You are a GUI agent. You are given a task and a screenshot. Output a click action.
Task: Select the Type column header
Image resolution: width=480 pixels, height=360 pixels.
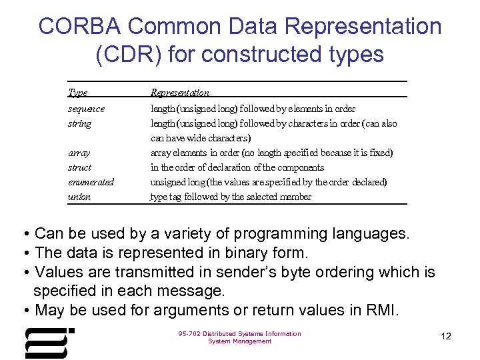click(x=78, y=93)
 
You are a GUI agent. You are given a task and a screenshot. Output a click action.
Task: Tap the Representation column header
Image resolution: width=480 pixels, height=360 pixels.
click(x=179, y=93)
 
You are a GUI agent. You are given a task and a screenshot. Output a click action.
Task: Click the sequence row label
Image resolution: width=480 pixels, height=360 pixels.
click(x=86, y=109)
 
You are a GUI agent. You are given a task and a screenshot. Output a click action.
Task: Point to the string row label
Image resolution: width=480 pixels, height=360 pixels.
click(x=79, y=123)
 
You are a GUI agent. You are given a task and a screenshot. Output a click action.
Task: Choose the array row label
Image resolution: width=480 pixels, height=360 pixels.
click(x=79, y=153)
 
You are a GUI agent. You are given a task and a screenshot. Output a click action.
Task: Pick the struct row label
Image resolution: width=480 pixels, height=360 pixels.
click(x=80, y=167)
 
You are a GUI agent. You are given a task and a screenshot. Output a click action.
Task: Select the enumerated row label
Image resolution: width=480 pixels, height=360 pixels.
click(x=91, y=182)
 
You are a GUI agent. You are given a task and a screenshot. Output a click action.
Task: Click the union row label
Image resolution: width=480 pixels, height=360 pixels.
click(x=79, y=197)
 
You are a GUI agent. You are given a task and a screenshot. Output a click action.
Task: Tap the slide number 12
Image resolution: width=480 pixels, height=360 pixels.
click(x=446, y=336)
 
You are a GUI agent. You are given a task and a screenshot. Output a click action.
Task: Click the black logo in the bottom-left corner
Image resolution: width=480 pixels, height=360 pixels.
click(x=49, y=343)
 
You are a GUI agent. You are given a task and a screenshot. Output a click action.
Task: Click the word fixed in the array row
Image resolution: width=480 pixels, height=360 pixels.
click(x=381, y=153)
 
